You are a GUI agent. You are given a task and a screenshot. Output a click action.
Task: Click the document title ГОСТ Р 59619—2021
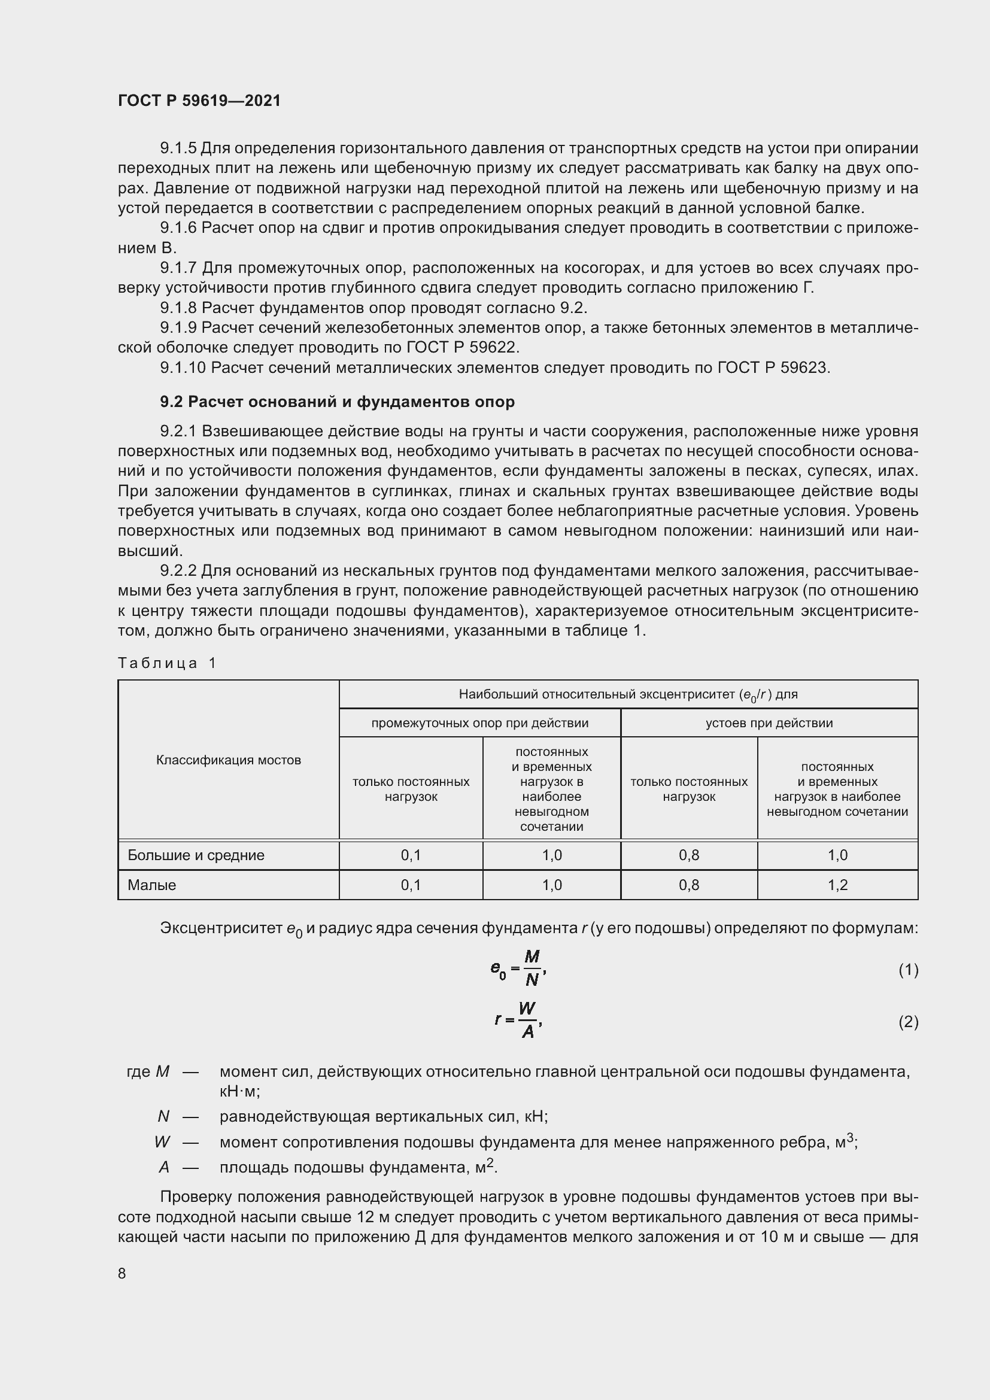pos(199,101)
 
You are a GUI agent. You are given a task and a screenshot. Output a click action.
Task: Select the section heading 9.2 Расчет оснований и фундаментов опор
pos(337,402)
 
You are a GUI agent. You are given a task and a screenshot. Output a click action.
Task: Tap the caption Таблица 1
pos(167,663)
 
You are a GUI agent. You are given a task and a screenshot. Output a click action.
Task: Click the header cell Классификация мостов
pos(229,760)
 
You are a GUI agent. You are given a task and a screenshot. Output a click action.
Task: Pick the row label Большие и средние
pos(196,855)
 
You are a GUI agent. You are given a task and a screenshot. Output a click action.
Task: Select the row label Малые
pos(152,885)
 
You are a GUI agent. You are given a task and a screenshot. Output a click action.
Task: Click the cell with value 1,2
pos(837,885)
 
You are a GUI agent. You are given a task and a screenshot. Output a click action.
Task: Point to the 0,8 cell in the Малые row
pos(689,885)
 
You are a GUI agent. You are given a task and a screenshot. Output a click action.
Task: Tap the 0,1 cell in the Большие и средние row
pos(411,855)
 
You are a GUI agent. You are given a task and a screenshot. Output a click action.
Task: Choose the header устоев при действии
pos(769,723)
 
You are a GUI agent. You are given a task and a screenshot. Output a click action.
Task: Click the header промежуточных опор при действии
pos(480,723)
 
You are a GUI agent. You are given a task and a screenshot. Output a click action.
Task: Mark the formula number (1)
pos(908,970)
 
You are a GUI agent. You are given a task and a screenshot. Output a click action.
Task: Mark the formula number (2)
pos(908,1021)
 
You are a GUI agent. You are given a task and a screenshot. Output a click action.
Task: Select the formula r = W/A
pos(518,1020)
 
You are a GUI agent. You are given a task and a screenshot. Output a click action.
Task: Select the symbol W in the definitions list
pos(162,1141)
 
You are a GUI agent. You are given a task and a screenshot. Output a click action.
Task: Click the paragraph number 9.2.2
pos(178,571)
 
